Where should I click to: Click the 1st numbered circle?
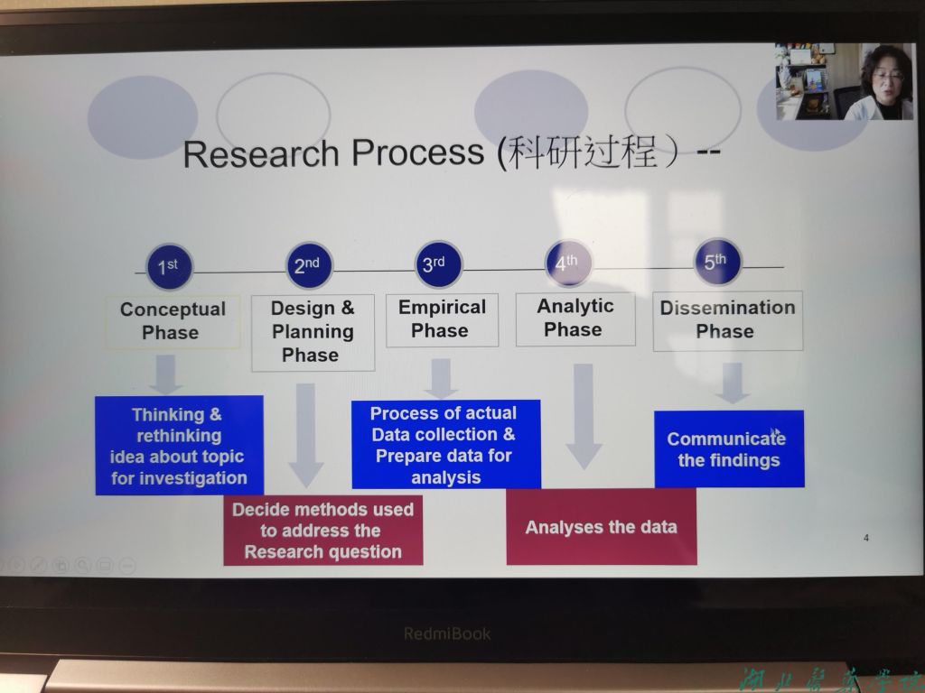coord(169,267)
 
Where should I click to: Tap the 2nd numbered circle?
coord(308,266)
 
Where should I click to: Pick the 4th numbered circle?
coord(568,263)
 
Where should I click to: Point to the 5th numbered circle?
coord(717,262)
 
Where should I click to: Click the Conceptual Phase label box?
coord(173,321)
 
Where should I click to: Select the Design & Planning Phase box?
coord(313,332)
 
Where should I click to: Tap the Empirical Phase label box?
coord(442,319)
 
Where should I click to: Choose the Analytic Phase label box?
coord(575,319)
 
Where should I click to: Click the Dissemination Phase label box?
coord(727,319)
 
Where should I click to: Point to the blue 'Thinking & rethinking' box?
coord(179,446)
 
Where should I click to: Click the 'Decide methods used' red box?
coord(322,531)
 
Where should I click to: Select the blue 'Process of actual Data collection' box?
coord(445,445)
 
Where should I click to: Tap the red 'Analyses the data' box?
coord(601,527)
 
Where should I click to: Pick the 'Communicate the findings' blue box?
coord(728,449)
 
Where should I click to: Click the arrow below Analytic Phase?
coord(584,415)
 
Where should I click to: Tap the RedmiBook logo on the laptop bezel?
coord(447,633)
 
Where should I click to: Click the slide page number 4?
coord(866,539)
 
